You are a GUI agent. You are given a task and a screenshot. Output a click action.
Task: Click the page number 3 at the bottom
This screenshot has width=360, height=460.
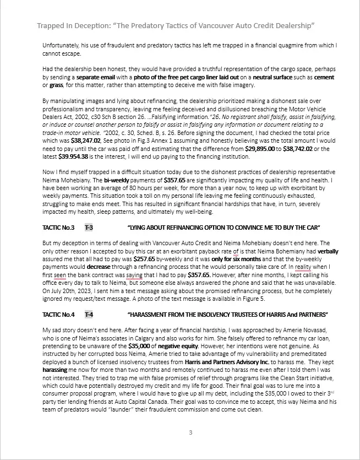pyautogui.click(x=190, y=432)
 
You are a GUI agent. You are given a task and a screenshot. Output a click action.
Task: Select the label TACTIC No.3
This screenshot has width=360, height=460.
pyautogui.click(x=58, y=228)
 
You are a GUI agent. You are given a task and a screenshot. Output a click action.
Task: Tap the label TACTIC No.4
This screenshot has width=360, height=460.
pyautogui.click(x=58, y=315)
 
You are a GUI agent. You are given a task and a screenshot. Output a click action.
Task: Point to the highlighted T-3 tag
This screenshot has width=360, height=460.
pyautogui.click(x=89, y=228)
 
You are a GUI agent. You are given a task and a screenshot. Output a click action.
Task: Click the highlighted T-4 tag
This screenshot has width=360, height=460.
pyautogui.click(x=89, y=315)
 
